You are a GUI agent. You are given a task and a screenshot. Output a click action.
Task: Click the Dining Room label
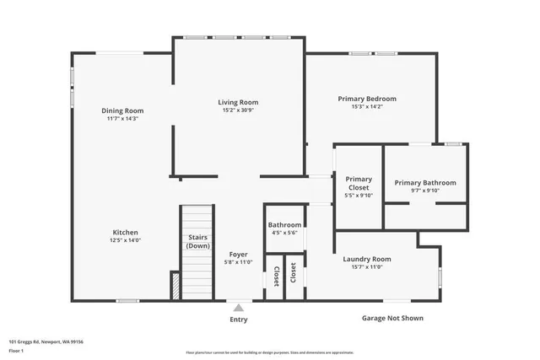click(x=123, y=110)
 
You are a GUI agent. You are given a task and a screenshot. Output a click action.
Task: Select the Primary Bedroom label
click(x=367, y=99)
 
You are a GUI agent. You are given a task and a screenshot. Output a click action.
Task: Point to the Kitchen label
click(x=126, y=233)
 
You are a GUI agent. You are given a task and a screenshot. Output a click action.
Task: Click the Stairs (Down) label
click(x=197, y=242)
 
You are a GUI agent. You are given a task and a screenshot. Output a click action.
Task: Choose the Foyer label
click(x=239, y=254)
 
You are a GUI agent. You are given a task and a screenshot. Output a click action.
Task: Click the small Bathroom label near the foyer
click(x=284, y=225)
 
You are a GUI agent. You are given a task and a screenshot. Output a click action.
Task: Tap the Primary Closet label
click(x=359, y=183)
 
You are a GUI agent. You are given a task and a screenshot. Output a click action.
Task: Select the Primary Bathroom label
click(x=425, y=183)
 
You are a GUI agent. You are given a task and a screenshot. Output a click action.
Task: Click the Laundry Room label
click(x=367, y=259)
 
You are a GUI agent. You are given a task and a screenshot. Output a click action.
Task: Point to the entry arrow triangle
click(x=239, y=308)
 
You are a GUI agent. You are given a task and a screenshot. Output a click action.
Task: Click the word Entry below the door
click(x=239, y=320)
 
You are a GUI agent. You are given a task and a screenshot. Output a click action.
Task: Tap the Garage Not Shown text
click(x=387, y=318)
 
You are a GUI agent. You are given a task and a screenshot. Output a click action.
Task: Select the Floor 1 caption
click(x=17, y=351)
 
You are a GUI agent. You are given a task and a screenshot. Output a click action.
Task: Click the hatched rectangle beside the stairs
click(x=175, y=285)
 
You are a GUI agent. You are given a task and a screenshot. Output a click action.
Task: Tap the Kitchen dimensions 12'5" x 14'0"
click(x=126, y=241)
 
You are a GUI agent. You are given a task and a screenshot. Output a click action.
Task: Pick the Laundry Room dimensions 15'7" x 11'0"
click(x=367, y=267)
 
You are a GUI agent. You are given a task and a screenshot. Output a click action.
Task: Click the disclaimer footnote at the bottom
click(x=270, y=352)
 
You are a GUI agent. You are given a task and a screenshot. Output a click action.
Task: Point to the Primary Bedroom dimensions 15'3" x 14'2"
click(x=367, y=107)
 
